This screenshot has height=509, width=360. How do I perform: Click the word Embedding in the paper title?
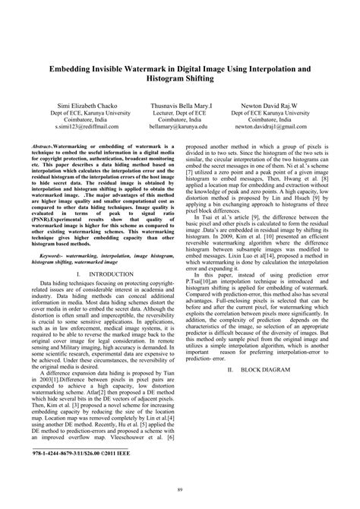tap(74, 67)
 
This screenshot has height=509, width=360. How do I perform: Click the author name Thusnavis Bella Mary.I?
tap(181, 103)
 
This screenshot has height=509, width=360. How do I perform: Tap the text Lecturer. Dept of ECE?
tap(180, 111)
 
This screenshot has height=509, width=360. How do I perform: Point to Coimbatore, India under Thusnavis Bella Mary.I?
tap(180, 119)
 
